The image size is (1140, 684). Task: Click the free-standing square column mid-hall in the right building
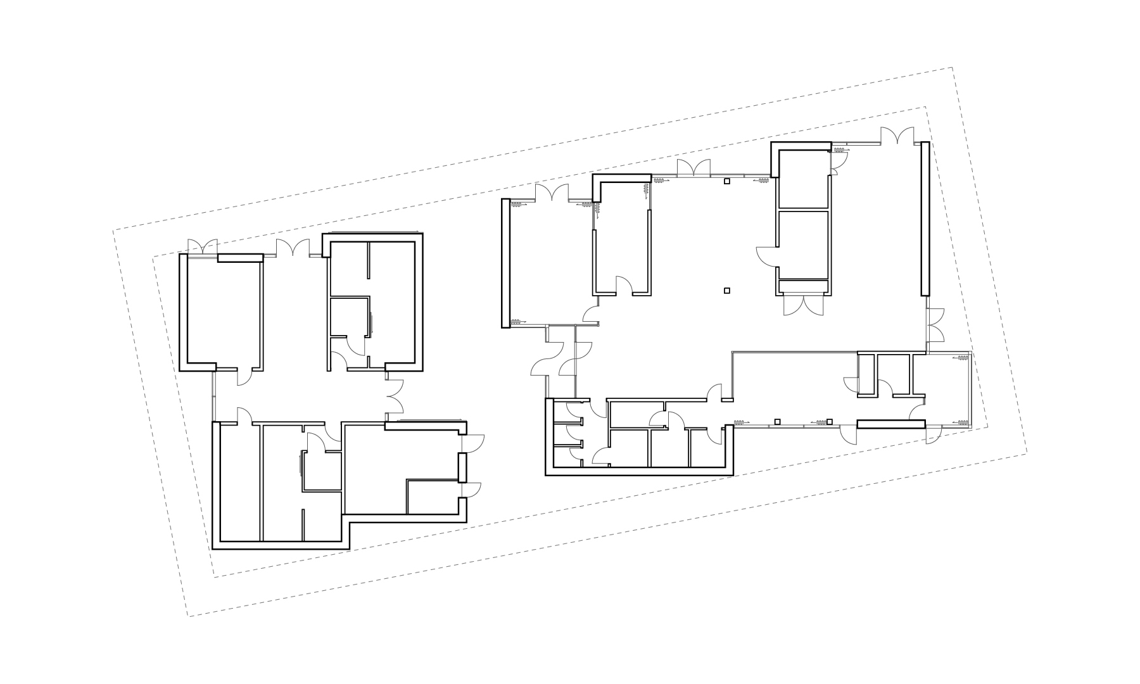point(727,291)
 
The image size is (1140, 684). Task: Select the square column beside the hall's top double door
point(727,182)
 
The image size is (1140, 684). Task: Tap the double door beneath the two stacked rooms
point(803,305)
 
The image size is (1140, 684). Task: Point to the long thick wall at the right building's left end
point(505,263)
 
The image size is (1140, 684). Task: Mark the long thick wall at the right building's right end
point(925,218)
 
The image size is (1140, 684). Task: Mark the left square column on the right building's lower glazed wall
point(777,421)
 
